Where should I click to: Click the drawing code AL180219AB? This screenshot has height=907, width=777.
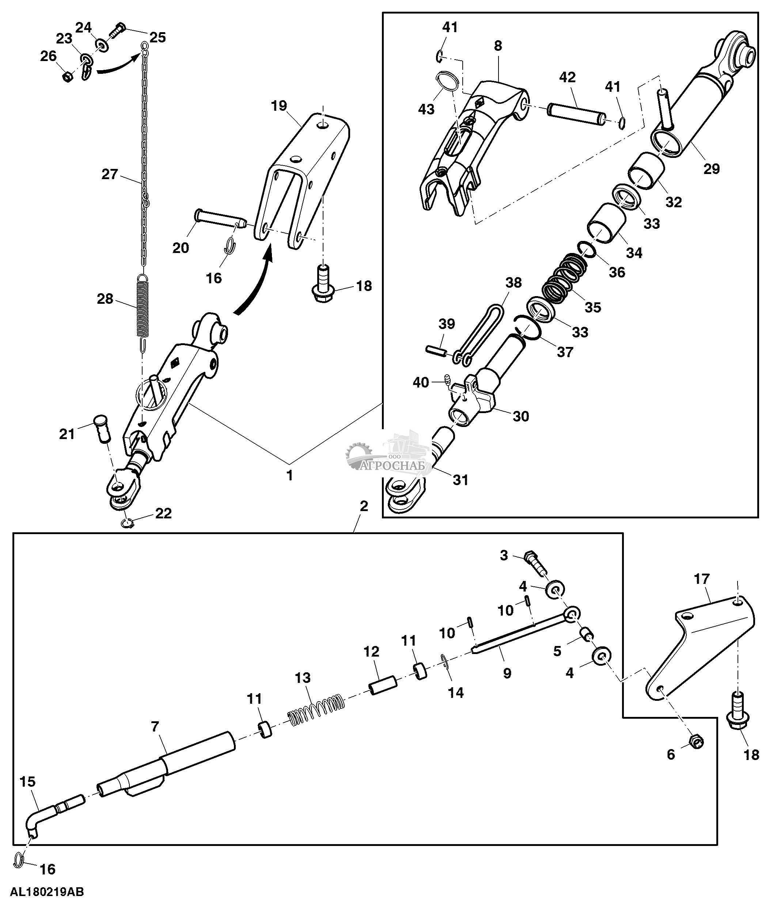(x=47, y=892)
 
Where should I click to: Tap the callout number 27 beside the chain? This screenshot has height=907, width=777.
(x=109, y=174)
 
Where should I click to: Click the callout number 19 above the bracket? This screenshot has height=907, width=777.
(x=279, y=106)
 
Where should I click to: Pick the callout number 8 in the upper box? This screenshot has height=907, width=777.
(x=498, y=46)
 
